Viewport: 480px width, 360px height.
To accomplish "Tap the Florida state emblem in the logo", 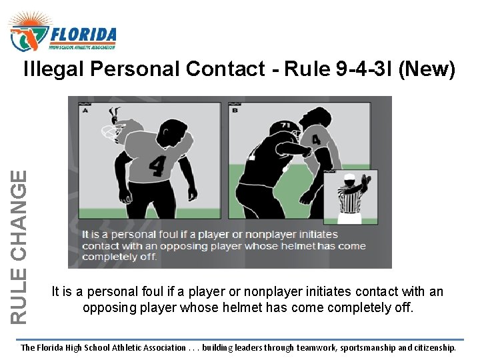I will pyautogui.click(x=27, y=36).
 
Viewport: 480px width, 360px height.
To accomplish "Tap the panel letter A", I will pyautogui.click(x=85, y=112).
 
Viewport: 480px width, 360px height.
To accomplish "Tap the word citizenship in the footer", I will pyautogui.click(x=427, y=348).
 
